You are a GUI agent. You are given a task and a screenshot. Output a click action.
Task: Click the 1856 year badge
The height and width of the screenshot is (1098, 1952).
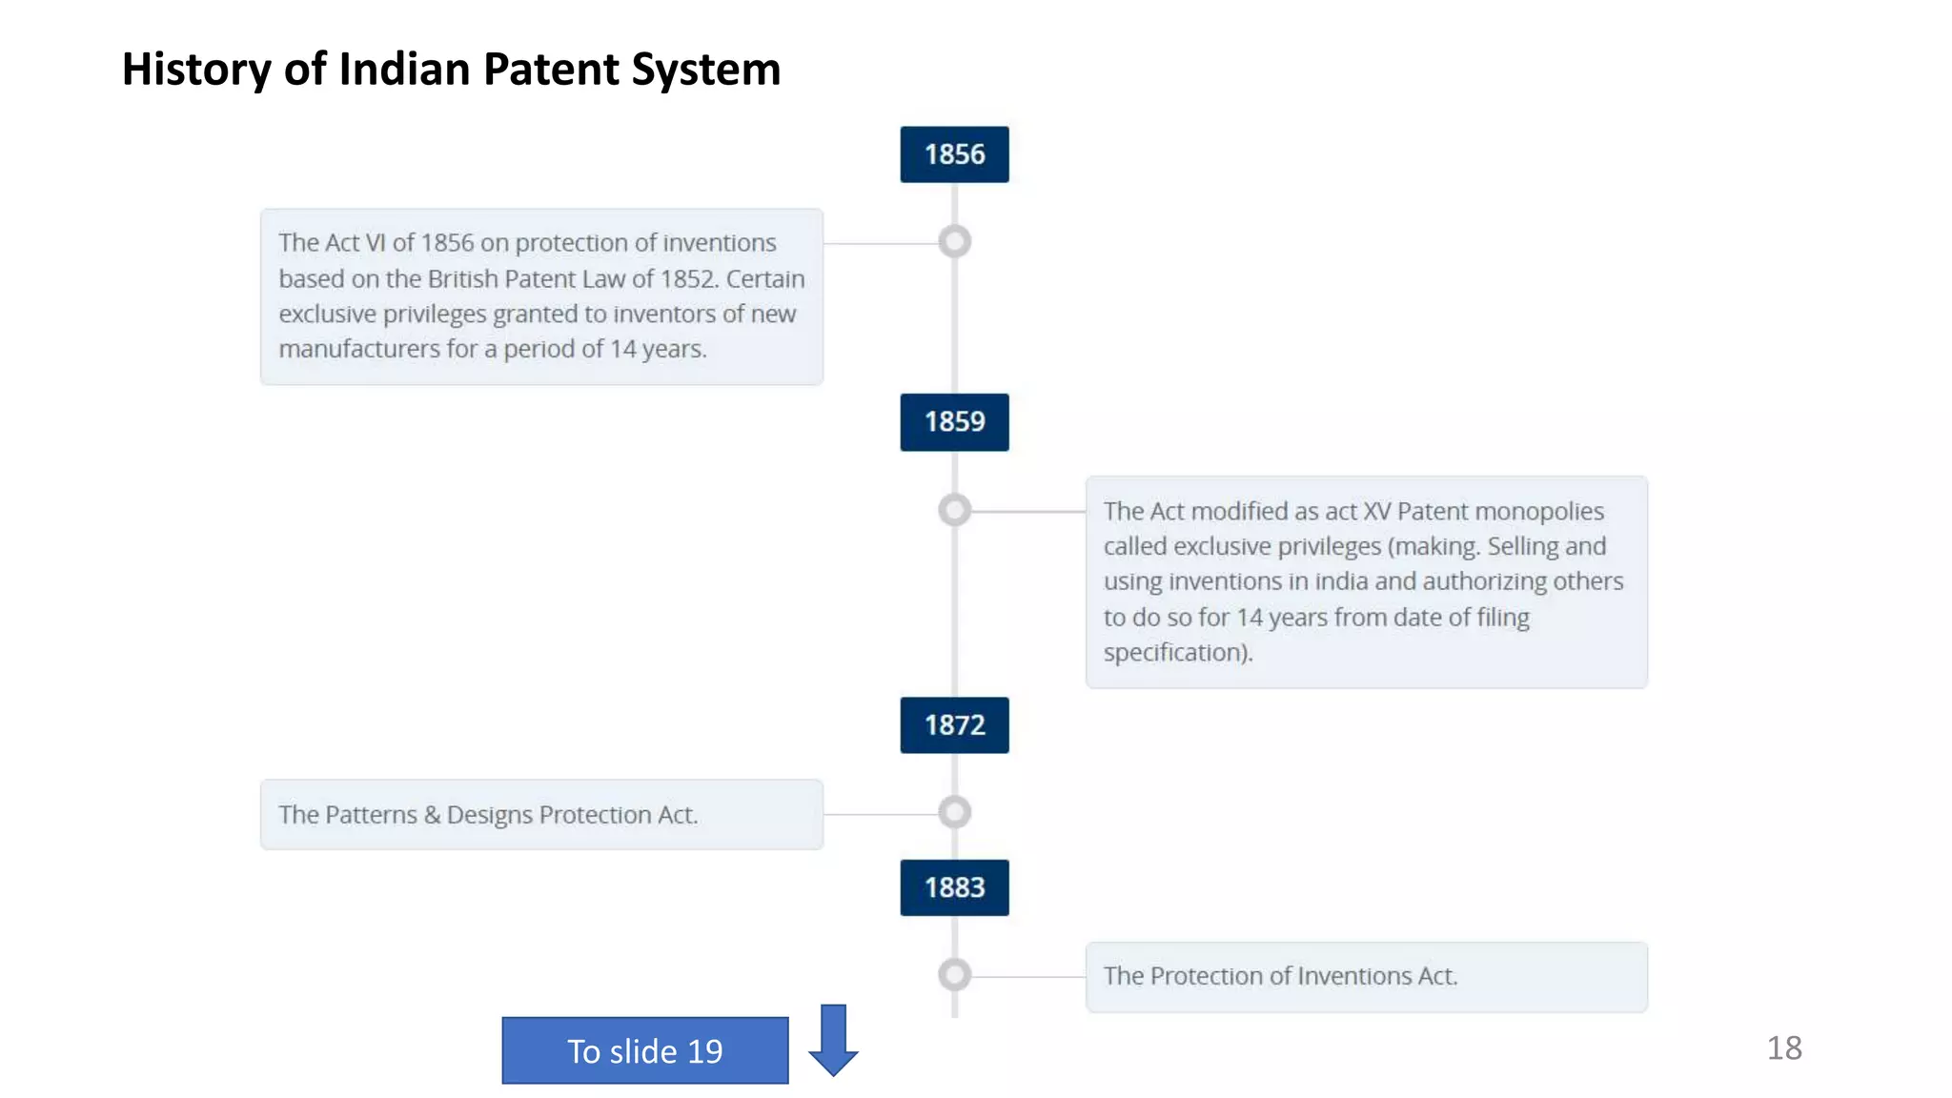pos(954,154)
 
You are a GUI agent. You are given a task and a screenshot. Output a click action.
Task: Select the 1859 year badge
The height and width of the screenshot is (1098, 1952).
pos(954,421)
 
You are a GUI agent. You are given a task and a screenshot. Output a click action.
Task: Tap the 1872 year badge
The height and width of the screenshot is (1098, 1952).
pos(954,725)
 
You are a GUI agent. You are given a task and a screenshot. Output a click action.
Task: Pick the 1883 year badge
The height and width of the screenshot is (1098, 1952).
pos(954,887)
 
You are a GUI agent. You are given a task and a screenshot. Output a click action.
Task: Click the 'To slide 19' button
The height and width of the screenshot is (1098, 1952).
pos(645,1050)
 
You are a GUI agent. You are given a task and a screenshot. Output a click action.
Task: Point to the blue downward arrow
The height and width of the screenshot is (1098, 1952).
pos(833,1040)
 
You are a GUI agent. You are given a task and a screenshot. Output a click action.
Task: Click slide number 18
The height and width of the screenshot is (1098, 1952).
pos(1784,1048)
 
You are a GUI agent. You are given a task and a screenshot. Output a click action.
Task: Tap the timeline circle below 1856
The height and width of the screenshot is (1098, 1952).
pos(954,242)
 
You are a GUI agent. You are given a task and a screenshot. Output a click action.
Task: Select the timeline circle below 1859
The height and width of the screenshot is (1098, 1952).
pos(954,510)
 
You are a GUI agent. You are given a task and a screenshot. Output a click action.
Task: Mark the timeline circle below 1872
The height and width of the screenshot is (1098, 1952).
pos(954,813)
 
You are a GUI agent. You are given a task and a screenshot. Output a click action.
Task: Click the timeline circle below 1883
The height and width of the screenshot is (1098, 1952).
pos(954,975)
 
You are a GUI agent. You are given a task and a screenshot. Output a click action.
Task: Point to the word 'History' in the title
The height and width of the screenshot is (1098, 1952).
pos(196,70)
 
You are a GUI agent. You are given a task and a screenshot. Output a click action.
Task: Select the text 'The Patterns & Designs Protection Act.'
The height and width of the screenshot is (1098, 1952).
pos(488,815)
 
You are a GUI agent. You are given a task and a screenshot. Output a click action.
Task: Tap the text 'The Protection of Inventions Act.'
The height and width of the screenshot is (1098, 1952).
pos(1280,976)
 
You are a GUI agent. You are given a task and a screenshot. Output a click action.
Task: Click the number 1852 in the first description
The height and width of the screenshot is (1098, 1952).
pos(687,279)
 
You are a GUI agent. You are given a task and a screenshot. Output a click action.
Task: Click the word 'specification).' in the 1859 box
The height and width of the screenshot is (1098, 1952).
pos(1178,653)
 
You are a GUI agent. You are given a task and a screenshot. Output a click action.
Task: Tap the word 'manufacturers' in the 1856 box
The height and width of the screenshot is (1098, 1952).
pos(359,350)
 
